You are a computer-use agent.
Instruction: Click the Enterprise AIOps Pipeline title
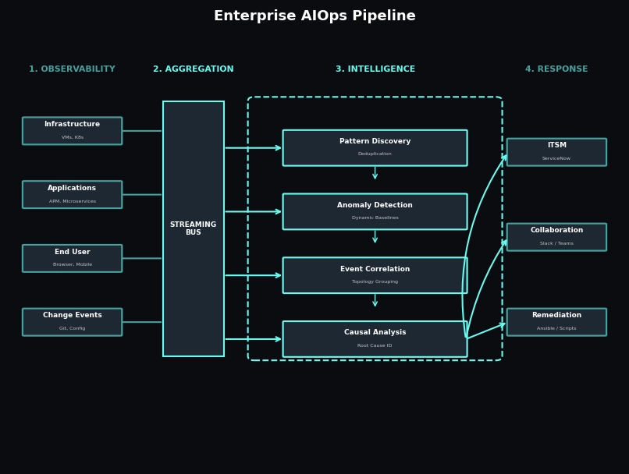tap(314, 16)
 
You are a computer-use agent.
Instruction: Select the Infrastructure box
tap(72, 131)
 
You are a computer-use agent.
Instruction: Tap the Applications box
tap(72, 195)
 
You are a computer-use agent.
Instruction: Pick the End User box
tap(72, 258)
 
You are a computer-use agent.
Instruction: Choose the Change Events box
tap(72, 322)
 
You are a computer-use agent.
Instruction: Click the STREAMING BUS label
tap(193, 228)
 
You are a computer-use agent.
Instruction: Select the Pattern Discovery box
tap(375, 148)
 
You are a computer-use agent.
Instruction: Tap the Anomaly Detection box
tap(375, 211)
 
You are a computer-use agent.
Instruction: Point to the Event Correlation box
tap(375, 275)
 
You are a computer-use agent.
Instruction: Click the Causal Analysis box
tap(375, 339)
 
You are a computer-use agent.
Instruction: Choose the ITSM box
tap(556, 152)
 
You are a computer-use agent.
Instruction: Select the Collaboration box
tap(556, 237)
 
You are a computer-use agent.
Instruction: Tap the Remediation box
tap(556, 322)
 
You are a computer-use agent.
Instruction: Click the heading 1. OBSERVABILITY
tap(72, 69)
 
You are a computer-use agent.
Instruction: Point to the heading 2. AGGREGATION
tap(193, 69)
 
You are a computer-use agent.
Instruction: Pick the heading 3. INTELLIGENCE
tap(375, 69)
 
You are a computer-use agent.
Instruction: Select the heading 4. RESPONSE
tap(556, 69)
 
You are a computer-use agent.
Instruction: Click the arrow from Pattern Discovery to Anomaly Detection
tap(375, 173)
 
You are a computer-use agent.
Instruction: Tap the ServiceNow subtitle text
tap(556, 158)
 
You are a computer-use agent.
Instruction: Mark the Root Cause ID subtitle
tap(375, 345)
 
